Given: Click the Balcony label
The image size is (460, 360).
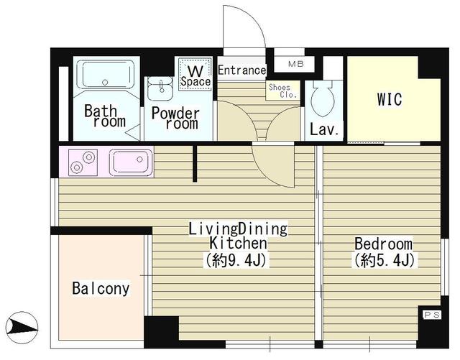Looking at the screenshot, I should [101, 289].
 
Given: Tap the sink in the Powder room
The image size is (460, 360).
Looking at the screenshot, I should [159, 89].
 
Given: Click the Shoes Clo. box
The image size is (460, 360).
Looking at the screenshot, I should [279, 91].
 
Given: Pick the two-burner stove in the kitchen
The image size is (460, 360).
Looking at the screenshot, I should [83, 161].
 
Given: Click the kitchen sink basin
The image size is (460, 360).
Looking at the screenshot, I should [130, 161].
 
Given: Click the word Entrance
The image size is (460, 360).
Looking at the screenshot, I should [241, 70].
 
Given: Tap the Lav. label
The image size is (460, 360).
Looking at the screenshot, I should [324, 130].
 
